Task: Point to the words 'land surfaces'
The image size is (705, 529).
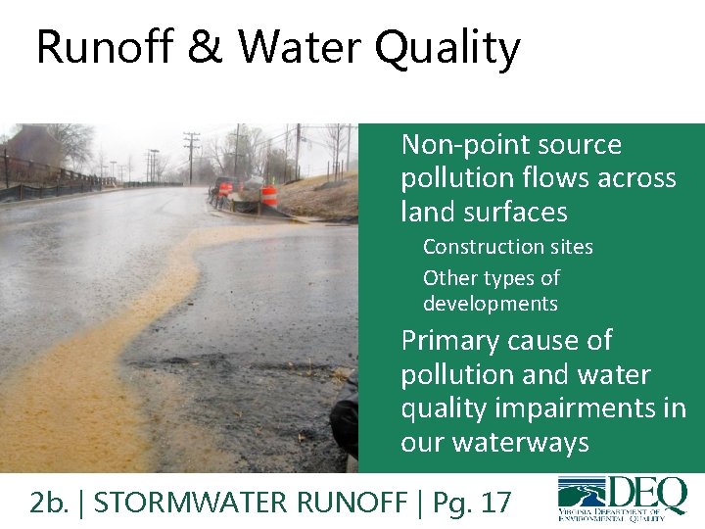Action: (x=484, y=212)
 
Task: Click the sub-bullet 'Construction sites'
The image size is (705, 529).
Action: (x=507, y=247)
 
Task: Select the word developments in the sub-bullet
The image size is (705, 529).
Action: (x=490, y=304)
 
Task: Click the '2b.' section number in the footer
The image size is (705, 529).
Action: (x=49, y=503)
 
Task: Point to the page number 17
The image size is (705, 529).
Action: (x=495, y=503)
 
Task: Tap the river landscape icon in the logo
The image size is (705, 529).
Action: (x=581, y=494)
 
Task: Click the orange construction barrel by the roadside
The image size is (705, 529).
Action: (x=268, y=194)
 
